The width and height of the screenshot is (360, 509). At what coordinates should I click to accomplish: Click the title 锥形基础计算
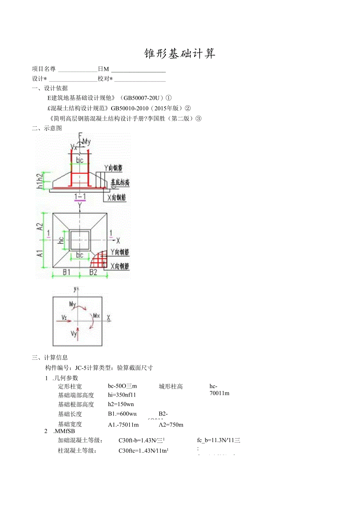coord(180,54)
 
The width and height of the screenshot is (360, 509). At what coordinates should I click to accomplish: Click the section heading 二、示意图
coord(47,128)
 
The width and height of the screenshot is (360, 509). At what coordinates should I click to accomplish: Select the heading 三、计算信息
coord(50,357)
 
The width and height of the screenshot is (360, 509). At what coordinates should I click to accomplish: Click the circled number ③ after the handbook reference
coord(198,119)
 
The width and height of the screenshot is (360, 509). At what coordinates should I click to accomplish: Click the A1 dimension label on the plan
coord(40,253)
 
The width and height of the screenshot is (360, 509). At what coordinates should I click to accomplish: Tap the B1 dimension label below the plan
coord(67,272)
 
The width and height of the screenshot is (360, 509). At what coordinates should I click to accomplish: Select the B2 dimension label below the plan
coord(93,272)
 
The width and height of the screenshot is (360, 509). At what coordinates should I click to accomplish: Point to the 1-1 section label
coord(80,196)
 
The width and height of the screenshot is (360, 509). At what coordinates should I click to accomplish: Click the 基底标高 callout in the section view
coord(120,182)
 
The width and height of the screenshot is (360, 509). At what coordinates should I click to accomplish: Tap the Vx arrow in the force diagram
coord(65,320)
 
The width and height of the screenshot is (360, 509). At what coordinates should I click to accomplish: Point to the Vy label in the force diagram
coord(74,333)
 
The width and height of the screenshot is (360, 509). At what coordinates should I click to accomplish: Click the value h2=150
coord(121,404)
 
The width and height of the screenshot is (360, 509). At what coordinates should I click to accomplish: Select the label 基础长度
coord(70,414)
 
